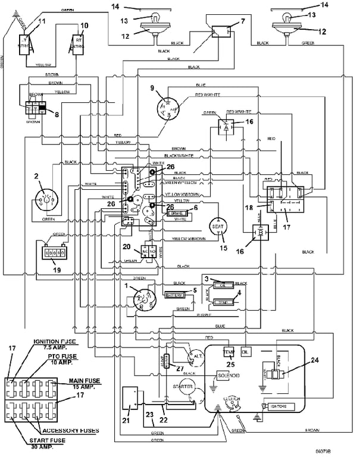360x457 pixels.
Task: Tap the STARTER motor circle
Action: click(184, 387)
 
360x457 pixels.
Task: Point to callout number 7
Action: click(243, 22)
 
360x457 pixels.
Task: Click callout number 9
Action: click(153, 88)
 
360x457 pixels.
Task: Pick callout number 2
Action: click(36, 176)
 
